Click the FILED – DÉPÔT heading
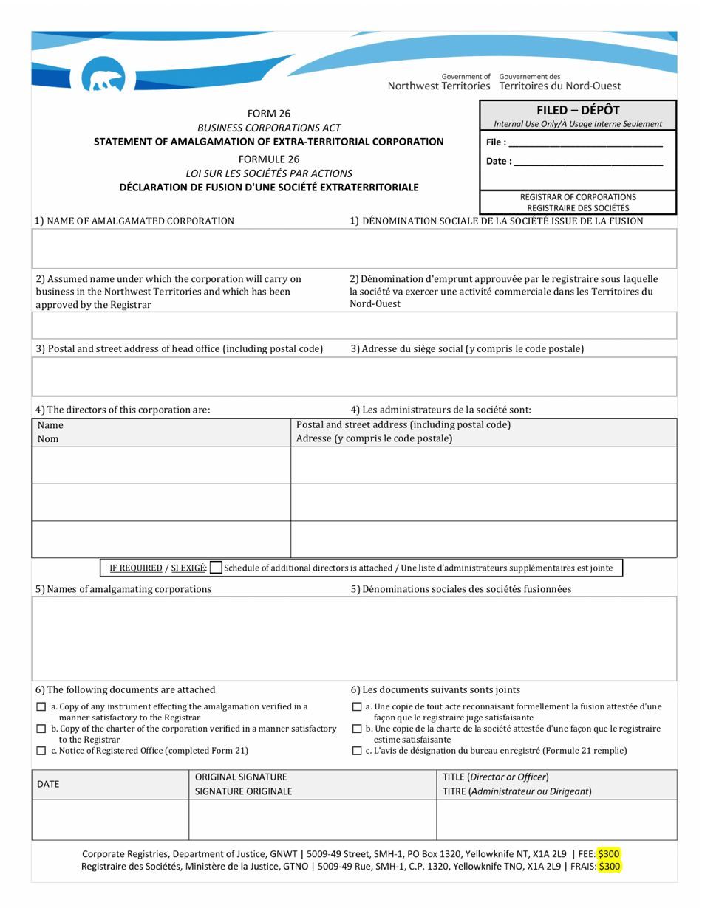pyautogui.click(x=578, y=110)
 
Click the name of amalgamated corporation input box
pyautogui.click(x=354, y=248)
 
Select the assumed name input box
pyautogui.click(x=354, y=325)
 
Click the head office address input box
pyautogui.click(x=354, y=377)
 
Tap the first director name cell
pyautogui.click(x=161, y=465)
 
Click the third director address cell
pyautogui.click(x=484, y=539)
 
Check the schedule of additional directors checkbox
pyautogui.click(x=215, y=568)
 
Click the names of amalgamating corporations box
pyautogui.click(x=354, y=639)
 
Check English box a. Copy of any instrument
pyautogui.click(x=41, y=707)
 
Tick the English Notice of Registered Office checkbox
pyautogui.click(x=41, y=751)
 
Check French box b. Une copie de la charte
pyautogui.click(x=357, y=729)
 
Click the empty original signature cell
pyautogui.click(x=313, y=820)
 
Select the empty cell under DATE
pyautogui.click(x=110, y=820)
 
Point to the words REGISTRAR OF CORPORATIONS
pyautogui.click(x=578, y=197)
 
